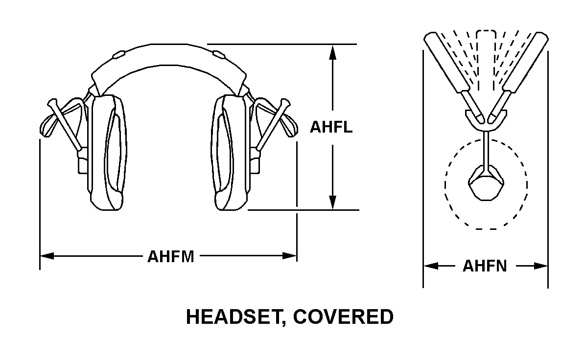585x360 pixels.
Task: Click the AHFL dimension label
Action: (x=331, y=127)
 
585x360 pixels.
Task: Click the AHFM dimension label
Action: (x=171, y=256)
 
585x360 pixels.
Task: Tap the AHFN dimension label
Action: (x=485, y=267)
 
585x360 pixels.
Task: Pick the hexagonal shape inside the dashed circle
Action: (x=486, y=183)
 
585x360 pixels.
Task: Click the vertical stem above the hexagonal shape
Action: (x=486, y=149)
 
